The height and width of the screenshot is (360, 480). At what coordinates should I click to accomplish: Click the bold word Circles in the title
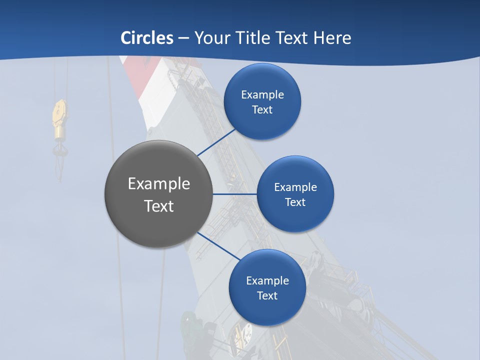pyautogui.click(x=147, y=38)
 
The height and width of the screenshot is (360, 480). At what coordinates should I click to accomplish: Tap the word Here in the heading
pyautogui.click(x=332, y=38)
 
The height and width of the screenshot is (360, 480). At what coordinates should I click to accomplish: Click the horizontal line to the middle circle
pyautogui.click(x=234, y=194)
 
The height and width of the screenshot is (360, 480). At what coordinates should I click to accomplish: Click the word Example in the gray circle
pyautogui.click(x=159, y=184)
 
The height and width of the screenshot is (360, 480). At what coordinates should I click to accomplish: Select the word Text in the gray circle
pyautogui.click(x=159, y=206)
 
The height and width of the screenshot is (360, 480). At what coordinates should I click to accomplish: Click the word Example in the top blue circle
pyautogui.click(x=262, y=94)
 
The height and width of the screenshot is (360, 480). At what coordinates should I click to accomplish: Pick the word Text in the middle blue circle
pyautogui.click(x=295, y=202)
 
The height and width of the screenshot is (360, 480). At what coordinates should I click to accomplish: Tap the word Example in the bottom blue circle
pyautogui.click(x=267, y=280)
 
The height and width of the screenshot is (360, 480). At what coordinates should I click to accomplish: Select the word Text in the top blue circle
pyautogui.click(x=262, y=109)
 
